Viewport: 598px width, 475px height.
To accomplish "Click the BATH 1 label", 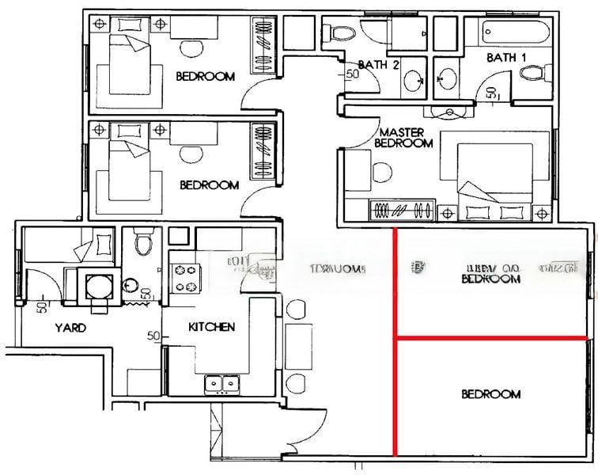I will click(x=505, y=58).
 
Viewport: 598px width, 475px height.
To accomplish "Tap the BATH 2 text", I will click(x=378, y=65).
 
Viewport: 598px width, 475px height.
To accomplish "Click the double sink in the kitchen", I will click(x=222, y=385).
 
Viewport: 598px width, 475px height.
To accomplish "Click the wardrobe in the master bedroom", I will click(x=402, y=211).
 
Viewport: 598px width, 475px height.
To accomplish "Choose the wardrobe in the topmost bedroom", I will click(x=263, y=44).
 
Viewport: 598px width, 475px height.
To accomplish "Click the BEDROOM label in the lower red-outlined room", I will click(x=490, y=394).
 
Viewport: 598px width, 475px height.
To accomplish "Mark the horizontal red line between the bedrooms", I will click(x=490, y=339).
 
